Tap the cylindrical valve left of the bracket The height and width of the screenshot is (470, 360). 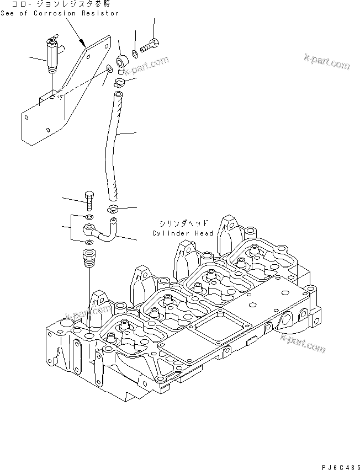51,57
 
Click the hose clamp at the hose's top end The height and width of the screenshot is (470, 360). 120,83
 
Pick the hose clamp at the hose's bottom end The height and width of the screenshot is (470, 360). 113,209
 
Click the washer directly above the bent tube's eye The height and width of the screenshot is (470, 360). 89,217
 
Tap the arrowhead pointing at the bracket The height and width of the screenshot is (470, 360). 82,42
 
